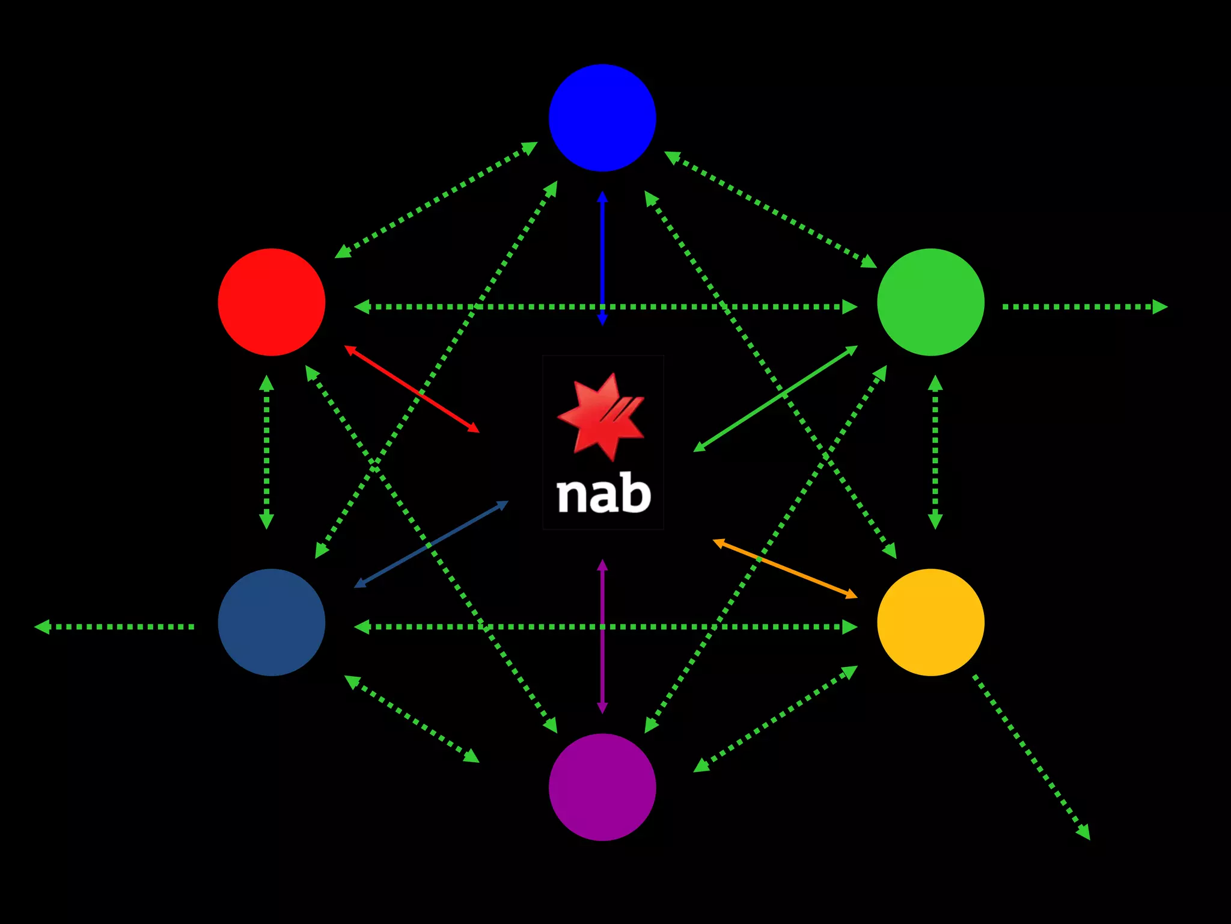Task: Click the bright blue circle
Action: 602,118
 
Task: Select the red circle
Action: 272,302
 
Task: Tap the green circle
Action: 930,302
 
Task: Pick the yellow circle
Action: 930,622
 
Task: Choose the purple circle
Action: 602,787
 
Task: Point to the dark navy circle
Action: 272,622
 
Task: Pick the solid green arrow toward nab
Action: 775,398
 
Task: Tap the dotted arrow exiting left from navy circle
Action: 114,627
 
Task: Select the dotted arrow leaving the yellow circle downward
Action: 1031,757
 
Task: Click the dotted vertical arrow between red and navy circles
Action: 266,451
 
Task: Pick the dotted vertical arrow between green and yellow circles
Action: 935,451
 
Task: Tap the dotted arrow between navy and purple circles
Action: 412,719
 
